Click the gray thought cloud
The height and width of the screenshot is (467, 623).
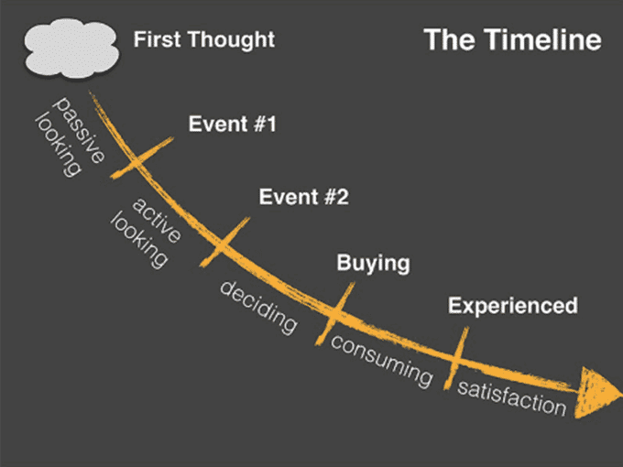71,48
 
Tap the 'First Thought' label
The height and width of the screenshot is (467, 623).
204,39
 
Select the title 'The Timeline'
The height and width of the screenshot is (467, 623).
512,39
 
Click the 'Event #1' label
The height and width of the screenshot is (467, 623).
233,124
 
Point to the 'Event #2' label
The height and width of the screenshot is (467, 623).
304,197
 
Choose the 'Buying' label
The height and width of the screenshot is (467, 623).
373,264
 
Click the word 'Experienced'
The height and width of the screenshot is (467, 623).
513,306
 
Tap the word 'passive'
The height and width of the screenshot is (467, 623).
80,129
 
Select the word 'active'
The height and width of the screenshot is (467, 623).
157,220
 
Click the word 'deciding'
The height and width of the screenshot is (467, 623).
258,307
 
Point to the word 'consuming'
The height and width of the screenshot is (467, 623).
381,361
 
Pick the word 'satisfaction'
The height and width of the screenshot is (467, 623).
512,398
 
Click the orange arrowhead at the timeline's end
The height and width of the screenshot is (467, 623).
596,392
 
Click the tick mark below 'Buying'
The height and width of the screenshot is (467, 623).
335,314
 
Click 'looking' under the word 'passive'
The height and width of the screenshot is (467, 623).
59,145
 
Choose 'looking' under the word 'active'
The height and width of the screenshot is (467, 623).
139,241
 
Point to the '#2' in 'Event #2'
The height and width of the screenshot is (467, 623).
337,197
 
